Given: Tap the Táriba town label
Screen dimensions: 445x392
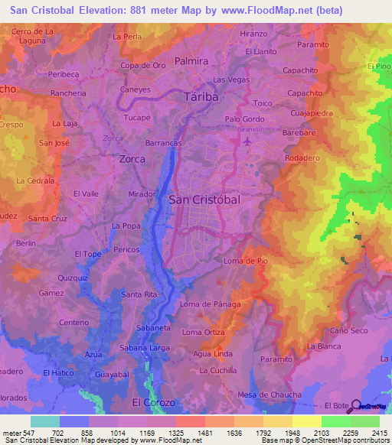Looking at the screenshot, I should pos(201,97).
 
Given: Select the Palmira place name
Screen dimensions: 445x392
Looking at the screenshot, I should pos(191,60).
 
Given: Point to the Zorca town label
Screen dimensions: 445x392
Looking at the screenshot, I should pos(132,159).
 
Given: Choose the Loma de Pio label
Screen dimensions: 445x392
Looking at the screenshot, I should pos(246,261).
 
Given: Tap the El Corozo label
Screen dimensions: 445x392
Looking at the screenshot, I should pos(154,402).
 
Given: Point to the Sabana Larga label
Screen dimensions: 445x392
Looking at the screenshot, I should pos(145,348).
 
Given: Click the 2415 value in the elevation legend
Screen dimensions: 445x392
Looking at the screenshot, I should pos(380,432).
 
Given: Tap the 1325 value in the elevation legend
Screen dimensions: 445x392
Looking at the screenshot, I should pos(175,432).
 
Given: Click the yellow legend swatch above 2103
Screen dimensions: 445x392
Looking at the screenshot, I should pos(306,421).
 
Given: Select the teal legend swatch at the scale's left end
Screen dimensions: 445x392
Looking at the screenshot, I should pos(44,421).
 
